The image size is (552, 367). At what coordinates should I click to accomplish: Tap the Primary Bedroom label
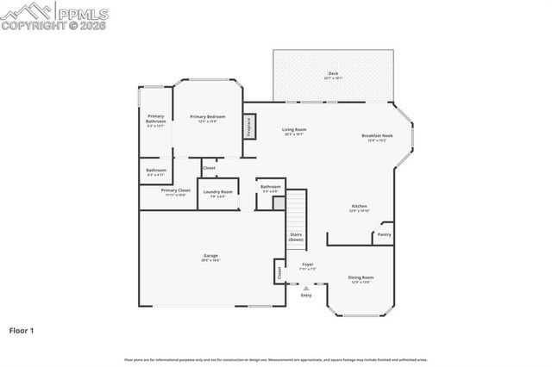tap(208, 116)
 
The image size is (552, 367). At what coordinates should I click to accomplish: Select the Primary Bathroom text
tap(155, 119)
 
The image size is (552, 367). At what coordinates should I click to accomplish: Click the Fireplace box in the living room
tap(249, 127)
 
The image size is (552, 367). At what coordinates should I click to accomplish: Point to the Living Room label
tap(295, 130)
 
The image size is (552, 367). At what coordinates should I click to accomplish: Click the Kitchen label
tap(360, 206)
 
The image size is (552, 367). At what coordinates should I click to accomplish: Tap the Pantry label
tap(384, 233)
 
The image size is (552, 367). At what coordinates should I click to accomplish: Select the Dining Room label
tap(361, 277)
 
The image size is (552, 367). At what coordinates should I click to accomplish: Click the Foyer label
tap(307, 264)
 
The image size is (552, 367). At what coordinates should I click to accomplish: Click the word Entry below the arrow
tap(305, 295)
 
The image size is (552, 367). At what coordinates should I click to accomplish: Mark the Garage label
tap(210, 256)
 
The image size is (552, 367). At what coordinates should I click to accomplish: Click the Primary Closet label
tap(175, 190)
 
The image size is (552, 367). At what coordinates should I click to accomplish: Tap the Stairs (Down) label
tap(295, 236)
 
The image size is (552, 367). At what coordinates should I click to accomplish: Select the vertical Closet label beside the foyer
tap(279, 271)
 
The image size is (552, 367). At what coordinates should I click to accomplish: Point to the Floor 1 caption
tap(22, 329)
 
